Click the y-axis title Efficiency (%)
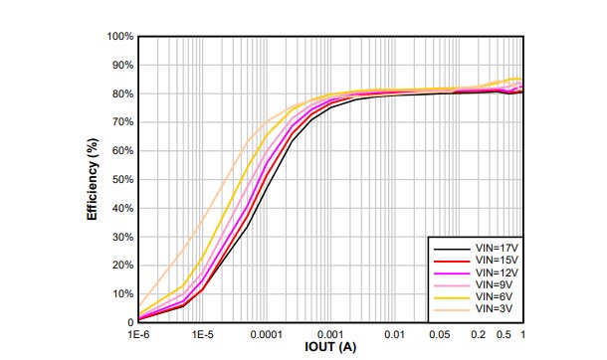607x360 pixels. pos(93,179)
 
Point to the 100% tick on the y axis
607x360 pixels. pos(119,37)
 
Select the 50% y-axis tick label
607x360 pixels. pos(121,180)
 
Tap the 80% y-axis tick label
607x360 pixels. pos(121,94)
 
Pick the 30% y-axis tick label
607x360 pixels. pos(121,238)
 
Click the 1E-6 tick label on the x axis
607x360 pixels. pos(139,334)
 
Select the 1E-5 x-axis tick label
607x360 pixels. pos(203,334)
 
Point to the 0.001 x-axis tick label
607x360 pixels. pos(330,334)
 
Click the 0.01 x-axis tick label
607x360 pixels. pos(395,334)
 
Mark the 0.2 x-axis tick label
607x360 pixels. pos(479,334)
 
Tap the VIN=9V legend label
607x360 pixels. pos(494,284)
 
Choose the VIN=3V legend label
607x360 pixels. pos(494,310)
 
